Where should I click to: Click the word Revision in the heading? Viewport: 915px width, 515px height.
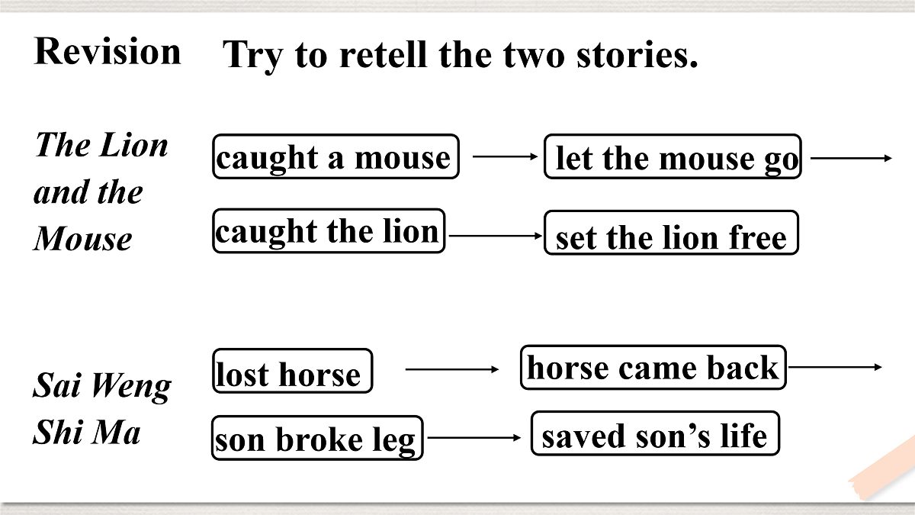(108, 51)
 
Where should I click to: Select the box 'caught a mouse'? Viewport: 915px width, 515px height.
(335, 156)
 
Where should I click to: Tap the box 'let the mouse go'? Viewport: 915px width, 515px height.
(673, 156)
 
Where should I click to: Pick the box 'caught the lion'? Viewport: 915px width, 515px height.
(329, 231)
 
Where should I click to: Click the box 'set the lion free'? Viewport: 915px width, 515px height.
(671, 233)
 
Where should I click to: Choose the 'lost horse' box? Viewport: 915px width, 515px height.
(293, 371)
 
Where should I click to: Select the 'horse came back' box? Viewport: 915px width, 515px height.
(653, 368)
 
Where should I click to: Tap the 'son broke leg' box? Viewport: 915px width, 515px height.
(317, 438)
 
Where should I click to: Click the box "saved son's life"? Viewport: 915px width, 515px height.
(656, 433)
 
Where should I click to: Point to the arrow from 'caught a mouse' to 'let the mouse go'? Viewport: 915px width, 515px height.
(506, 156)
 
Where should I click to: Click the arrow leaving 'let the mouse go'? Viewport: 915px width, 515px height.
(851, 158)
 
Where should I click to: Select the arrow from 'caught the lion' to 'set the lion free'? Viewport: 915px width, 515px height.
(496, 236)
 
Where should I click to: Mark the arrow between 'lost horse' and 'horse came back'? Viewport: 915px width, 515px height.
(451, 369)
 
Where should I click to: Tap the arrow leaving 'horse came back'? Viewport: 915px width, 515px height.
(835, 367)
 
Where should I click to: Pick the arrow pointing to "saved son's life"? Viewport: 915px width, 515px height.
(474, 438)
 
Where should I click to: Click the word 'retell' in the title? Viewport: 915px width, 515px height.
(384, 54)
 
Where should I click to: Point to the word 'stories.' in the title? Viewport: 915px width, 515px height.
(637, 54)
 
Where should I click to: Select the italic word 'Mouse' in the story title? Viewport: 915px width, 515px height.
(83, 239)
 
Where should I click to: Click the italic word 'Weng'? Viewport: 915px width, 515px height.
(130, 386)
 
